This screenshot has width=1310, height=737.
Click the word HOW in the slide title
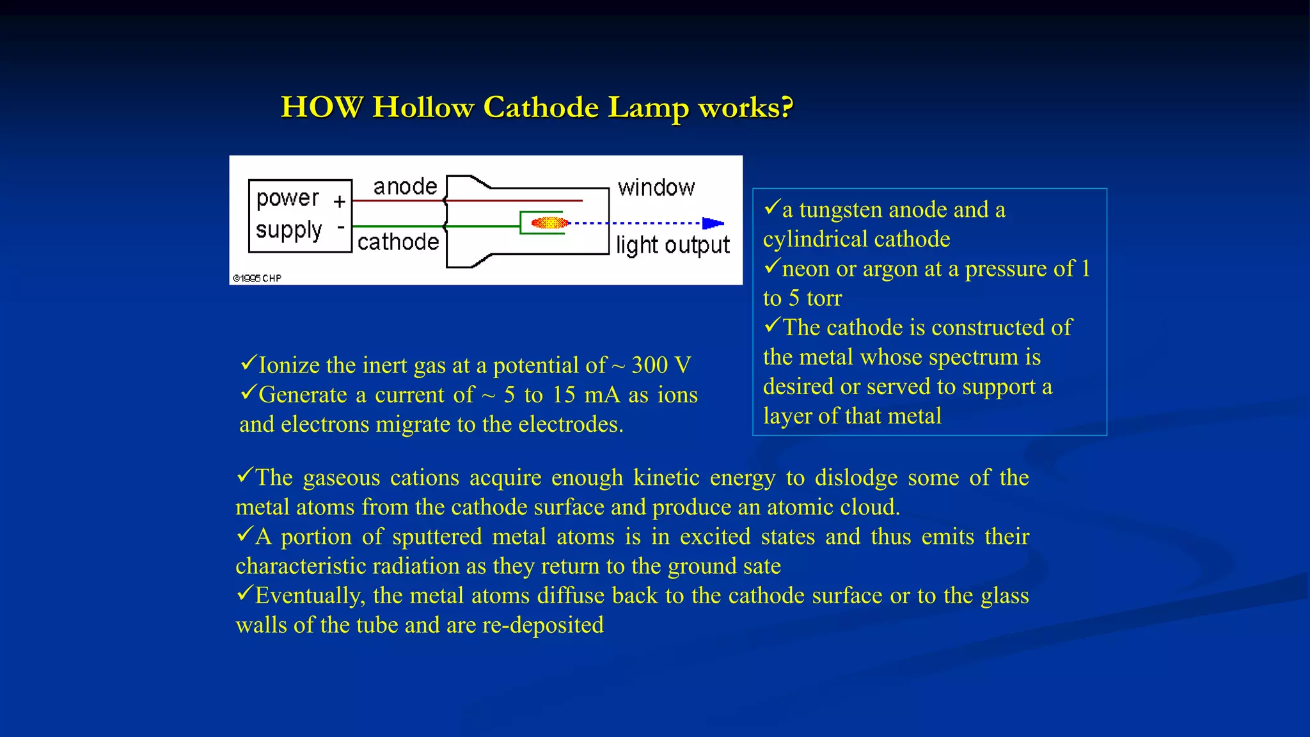(322, 107)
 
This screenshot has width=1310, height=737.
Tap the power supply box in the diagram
(300, 216)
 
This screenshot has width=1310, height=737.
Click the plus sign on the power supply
(339, 202)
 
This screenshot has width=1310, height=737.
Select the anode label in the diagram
(406, 187)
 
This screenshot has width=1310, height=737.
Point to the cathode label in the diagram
(398, 242)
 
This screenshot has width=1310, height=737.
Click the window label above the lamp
(656, 188)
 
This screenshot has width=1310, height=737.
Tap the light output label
(672, 245)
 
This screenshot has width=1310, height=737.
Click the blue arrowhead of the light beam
(713, 223)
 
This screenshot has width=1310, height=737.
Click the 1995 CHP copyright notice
(257, 278)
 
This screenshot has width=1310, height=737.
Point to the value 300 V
(661, 365)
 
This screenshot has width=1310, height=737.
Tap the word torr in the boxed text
(824, 298)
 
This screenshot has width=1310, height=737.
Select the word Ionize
(288, 365)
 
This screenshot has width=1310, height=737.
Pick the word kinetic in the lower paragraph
(666, 478)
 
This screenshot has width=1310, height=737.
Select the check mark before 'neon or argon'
(772, 265)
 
